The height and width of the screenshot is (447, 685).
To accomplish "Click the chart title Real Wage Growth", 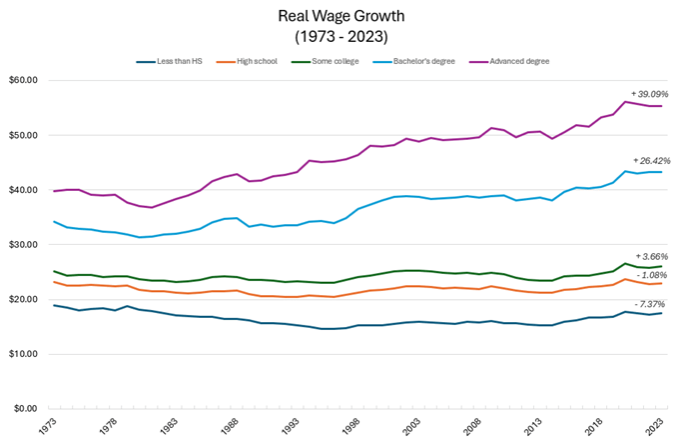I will point(342,16).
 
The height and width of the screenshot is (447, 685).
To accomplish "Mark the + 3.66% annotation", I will point(651,257).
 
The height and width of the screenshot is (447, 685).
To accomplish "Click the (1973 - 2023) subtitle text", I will point(342,36).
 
